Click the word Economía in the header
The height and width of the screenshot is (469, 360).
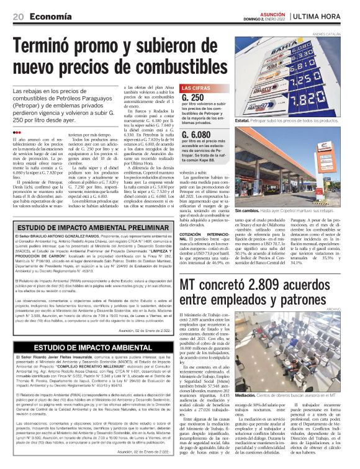[47, 17]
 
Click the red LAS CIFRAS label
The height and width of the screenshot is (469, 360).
[197, 88]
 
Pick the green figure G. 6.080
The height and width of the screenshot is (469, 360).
[198, 134]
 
